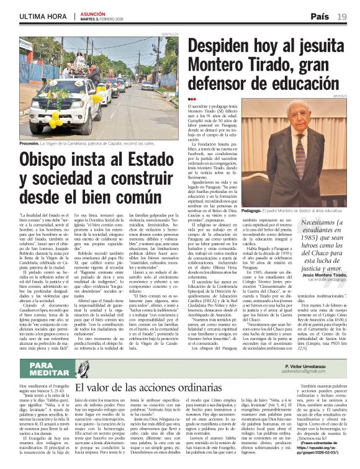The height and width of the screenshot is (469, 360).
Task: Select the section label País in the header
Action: [319, 16]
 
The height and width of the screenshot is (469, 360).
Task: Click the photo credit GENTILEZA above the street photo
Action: [169, 33]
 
